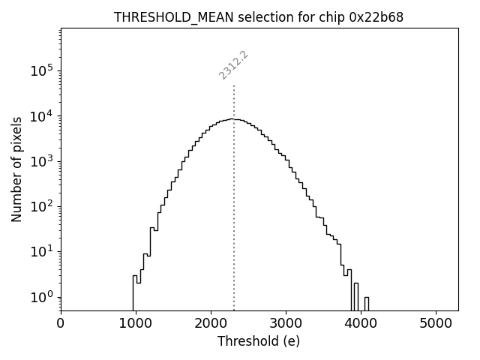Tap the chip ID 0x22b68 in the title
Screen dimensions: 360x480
click(x=376, y=17)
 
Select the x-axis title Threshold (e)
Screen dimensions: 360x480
click(x=259, y=341)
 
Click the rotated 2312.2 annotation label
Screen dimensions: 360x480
click(x=233, y=65)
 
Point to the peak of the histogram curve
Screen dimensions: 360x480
click(x=235, y=119)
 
